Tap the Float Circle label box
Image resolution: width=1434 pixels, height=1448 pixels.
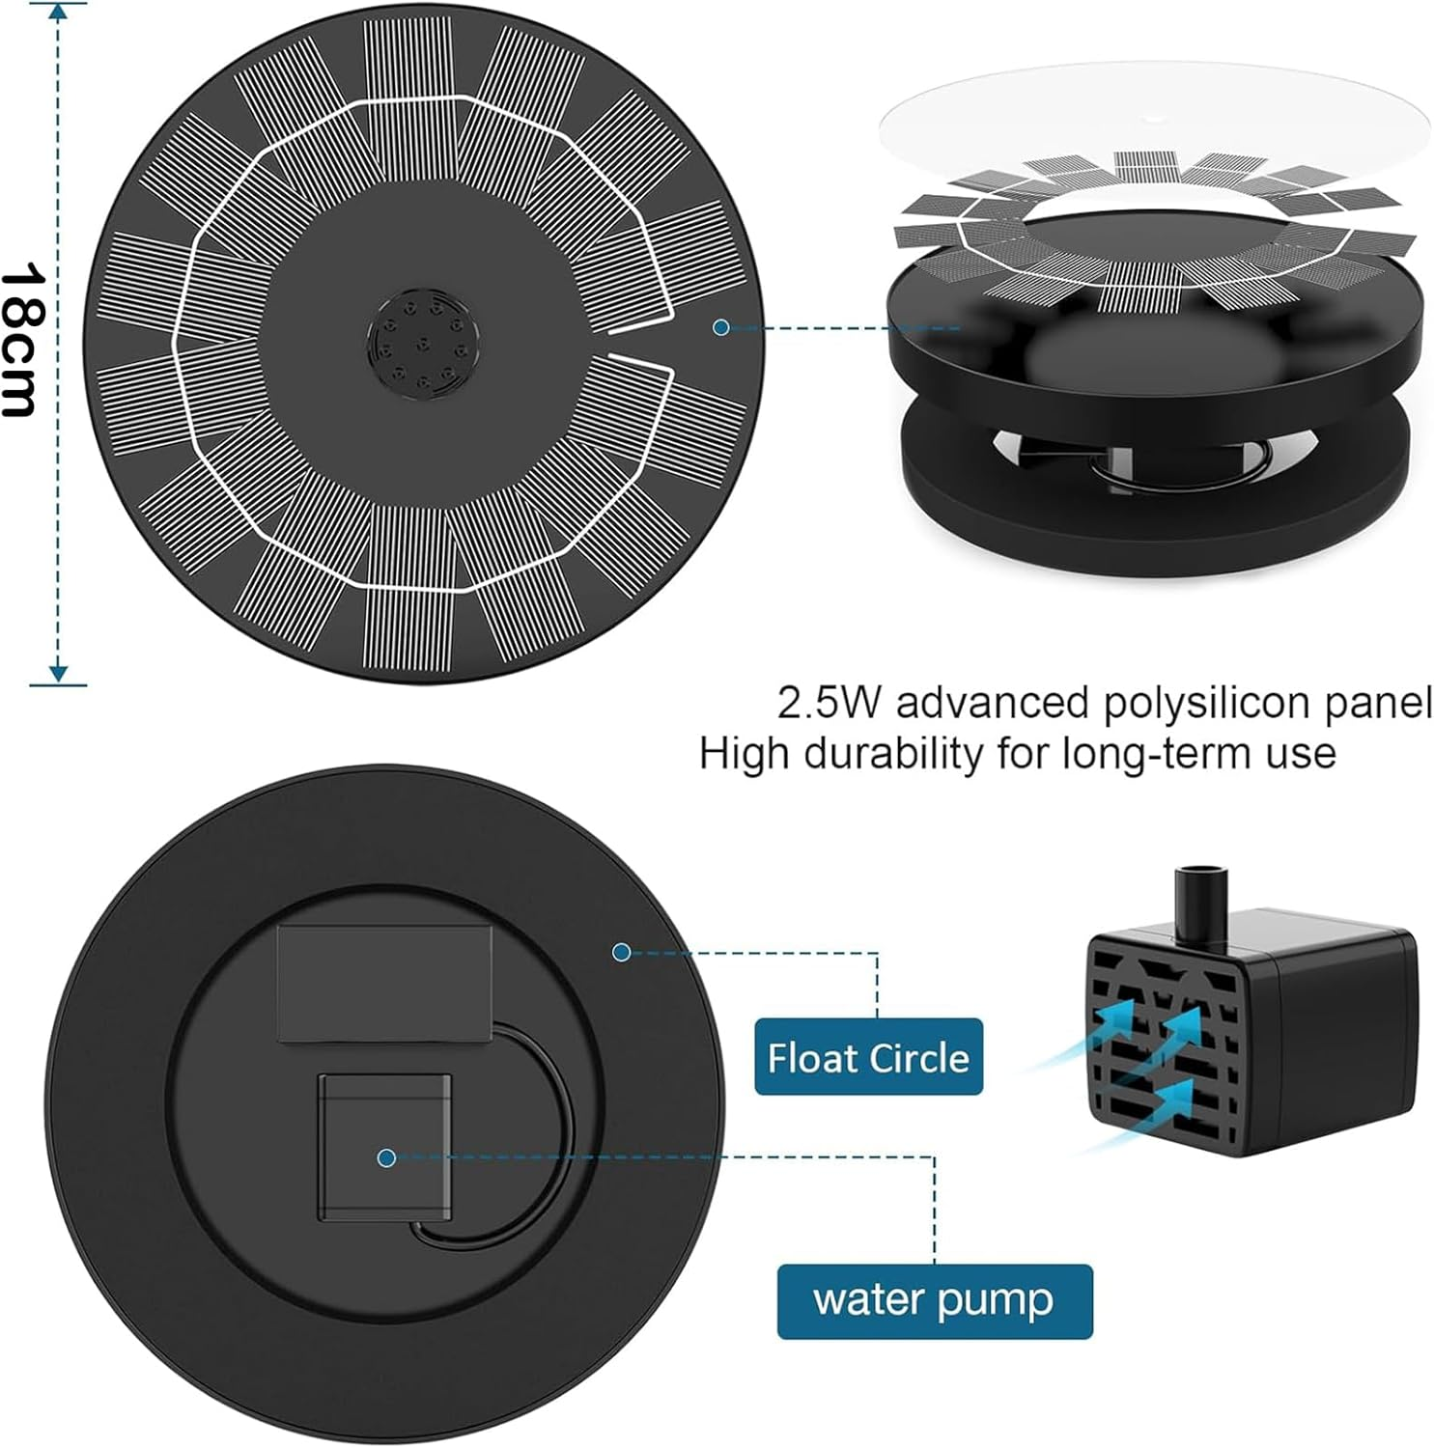coord(867,1057)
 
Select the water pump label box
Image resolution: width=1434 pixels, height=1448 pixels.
coord(934,1300)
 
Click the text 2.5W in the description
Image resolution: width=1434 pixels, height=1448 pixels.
coord(829,703)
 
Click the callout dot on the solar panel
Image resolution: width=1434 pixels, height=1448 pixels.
coord(720,327)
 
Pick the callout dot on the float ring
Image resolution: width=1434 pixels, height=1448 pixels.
coord(622,952)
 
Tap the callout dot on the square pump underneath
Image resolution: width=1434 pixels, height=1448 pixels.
coord(386,1157)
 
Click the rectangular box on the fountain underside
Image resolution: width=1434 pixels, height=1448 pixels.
coord(384,983)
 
